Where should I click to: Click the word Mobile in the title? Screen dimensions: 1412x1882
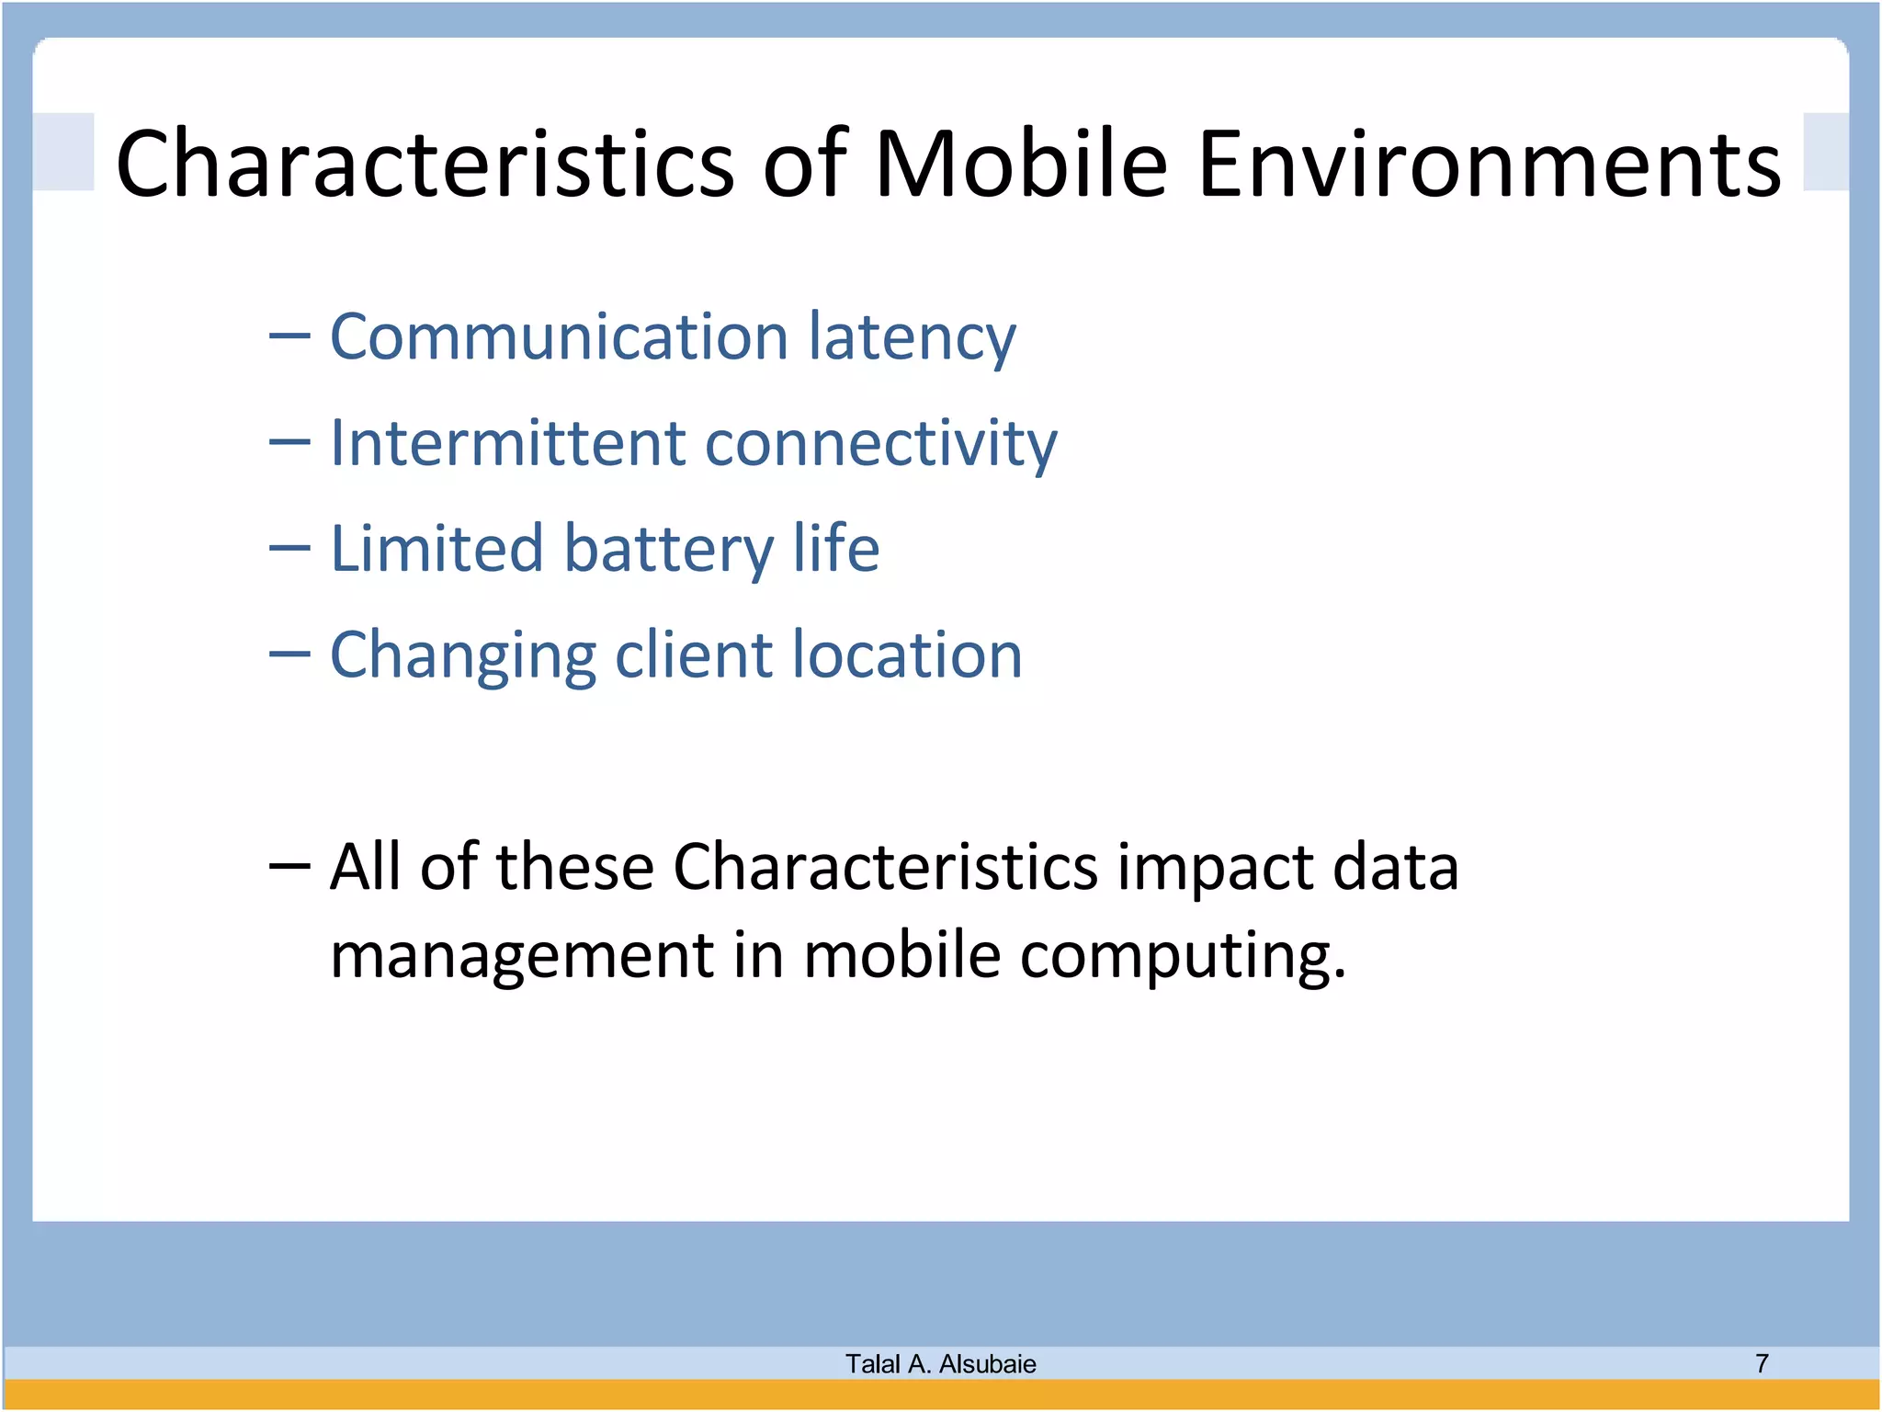tap(1021, 164)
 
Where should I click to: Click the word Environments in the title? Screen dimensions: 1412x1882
tap(1490, 164)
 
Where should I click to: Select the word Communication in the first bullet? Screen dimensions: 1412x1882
tap(559, 336)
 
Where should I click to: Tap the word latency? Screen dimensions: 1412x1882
tap(913, 338)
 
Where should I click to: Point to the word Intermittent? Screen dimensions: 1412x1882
tap(508, 443)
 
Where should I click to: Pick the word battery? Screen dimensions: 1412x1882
tap(668, 550)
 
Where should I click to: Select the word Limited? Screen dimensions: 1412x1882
tap(436, 549)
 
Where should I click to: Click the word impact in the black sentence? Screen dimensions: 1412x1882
tap(1215, 869)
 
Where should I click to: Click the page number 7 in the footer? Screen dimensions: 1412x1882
tap(1762, 1362)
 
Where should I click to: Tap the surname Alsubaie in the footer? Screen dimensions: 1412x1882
tap(988, 1363)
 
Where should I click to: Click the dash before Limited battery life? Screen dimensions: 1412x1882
tap(289, 549)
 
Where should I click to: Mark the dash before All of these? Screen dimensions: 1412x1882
tap(289, 866)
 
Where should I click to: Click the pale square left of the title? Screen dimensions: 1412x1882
tap(63, 152)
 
